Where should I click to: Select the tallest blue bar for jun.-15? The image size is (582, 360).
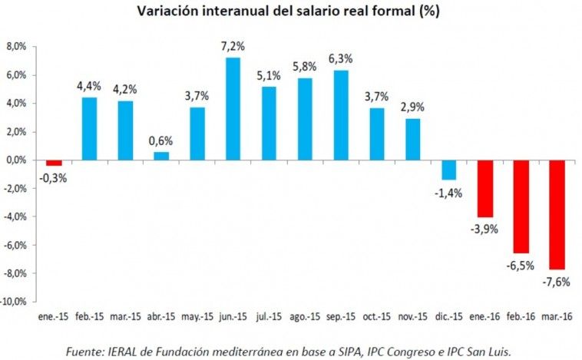[233, 109]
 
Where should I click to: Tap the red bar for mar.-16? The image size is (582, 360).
[557, 215]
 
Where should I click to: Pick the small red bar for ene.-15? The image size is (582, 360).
[54, 163]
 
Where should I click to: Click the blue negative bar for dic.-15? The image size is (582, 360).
[448, 170]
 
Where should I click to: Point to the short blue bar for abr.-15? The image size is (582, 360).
[161, 157]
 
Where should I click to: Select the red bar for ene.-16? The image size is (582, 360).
[485, 189]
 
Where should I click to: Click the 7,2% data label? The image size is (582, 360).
[233, 46]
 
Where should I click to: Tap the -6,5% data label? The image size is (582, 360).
[520, 266]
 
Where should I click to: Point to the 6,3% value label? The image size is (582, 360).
[341, 58]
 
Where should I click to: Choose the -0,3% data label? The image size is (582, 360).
[53, 179]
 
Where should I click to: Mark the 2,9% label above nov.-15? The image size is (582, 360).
[412, 107]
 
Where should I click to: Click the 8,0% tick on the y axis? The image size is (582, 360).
[16, 47]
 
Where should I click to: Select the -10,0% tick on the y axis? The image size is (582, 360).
[14, 302]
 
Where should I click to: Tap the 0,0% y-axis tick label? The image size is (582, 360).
[16, 160]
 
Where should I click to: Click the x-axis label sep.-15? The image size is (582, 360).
[341, 316]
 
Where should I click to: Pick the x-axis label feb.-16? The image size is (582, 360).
[521, 316]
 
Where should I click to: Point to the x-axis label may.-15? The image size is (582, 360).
[197, 317]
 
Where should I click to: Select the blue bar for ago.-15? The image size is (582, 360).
[305, 119]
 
